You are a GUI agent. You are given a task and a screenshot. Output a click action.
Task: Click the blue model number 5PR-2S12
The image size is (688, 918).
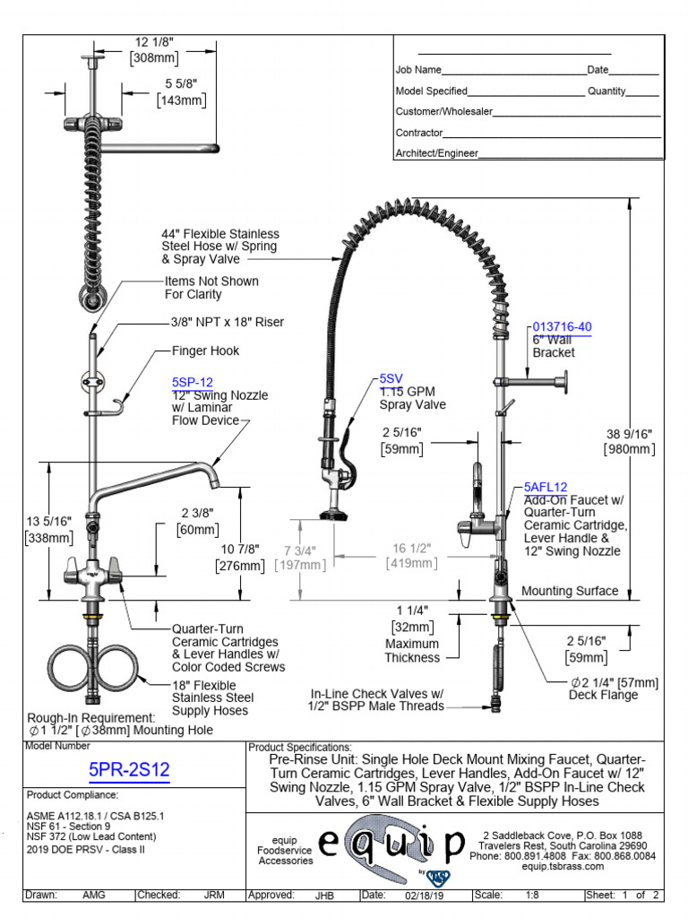click(x=129, y=769)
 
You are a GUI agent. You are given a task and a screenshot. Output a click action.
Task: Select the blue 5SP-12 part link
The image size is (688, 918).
click(x=192, y=382)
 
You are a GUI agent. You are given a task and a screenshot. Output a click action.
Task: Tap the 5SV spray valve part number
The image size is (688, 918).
click(x=391, y=378)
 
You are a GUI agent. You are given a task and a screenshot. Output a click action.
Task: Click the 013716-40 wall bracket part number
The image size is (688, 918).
click(x=562, y=326)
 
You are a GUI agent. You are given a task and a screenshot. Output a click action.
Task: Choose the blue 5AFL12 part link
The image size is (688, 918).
click(x=546, y=487)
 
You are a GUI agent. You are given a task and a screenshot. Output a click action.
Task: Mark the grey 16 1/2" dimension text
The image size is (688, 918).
click(x=411, y=549)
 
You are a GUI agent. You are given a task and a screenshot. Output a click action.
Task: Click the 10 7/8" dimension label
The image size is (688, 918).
click(x=239, y=549)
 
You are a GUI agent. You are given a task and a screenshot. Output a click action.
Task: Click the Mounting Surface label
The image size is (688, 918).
click(x=570, y=591)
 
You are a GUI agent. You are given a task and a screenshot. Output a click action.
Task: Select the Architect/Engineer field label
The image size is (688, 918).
click(x=437, y=153)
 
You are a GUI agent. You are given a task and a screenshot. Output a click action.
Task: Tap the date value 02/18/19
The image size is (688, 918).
click(x=425, y=895)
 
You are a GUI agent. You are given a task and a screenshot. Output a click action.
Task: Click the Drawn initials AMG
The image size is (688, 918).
click(x=94, y=895)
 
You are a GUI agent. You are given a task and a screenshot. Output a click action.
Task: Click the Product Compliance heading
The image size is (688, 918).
click(x=73, y=795)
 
